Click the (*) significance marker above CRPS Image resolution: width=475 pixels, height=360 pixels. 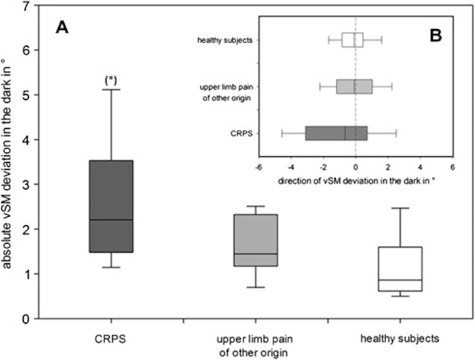[x=110, y=80]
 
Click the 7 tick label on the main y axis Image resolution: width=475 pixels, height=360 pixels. [x=25, y=6]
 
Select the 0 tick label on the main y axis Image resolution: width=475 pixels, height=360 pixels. [x=25, y=319]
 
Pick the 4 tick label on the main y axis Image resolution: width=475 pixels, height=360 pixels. [x=25, y=140]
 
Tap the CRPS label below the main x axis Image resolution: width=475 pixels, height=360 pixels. [x=110, y=339]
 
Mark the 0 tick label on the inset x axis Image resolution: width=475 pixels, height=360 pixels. [x=355, y=168]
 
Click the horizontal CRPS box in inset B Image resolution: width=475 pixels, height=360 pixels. [x=336, y=133]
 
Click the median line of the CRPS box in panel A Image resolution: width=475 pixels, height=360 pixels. [x=110, y=219]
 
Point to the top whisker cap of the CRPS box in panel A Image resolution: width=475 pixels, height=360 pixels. [x=110, y=90]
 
